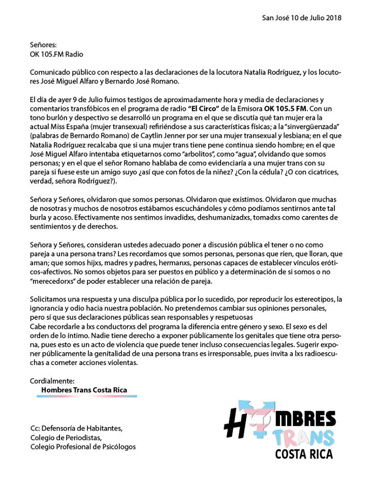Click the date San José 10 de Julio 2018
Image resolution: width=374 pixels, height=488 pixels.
301,17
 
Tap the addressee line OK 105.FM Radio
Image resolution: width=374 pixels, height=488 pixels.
56,54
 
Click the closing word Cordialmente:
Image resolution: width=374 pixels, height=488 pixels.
52,380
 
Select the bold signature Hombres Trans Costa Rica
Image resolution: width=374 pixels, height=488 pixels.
84,390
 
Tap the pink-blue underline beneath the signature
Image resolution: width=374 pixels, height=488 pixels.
84,396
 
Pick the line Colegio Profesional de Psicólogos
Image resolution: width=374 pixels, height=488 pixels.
83,446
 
